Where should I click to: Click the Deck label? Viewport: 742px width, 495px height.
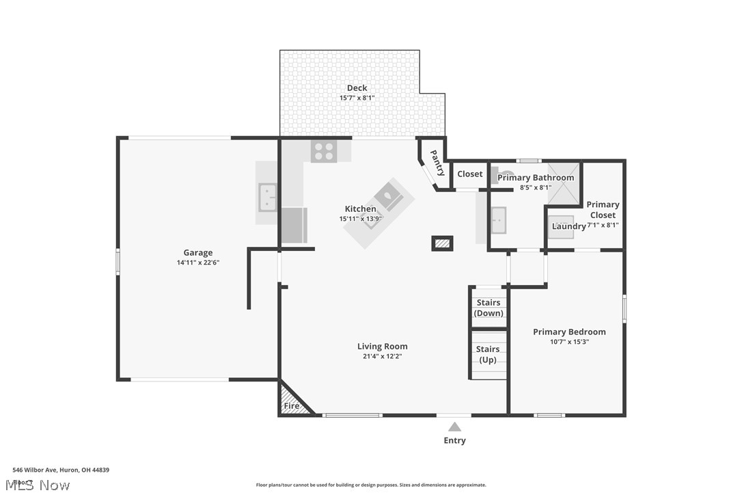[x=357, y=88]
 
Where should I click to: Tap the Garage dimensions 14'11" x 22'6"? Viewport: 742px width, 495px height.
[x=197, y=263]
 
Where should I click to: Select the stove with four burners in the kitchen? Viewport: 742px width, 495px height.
[x=324, y=151]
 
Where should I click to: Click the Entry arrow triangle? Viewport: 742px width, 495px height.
[x=454, y=427]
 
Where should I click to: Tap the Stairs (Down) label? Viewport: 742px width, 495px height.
[x=489, y=308]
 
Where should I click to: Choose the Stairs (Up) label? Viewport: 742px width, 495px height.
[x=488, y=354]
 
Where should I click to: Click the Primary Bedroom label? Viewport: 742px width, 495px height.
[x=569, y=332]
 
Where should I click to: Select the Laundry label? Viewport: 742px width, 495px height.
[x=568, y=226]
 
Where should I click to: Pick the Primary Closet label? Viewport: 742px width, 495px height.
[x=603, y=209]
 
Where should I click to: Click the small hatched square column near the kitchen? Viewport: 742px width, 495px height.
[x=442, y=243]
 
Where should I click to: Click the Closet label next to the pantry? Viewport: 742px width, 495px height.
[x=470, y=174]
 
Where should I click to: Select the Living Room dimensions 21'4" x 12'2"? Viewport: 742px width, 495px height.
[x=382, y=356]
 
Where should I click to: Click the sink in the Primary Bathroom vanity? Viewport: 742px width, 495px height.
[x=498, y=220]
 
